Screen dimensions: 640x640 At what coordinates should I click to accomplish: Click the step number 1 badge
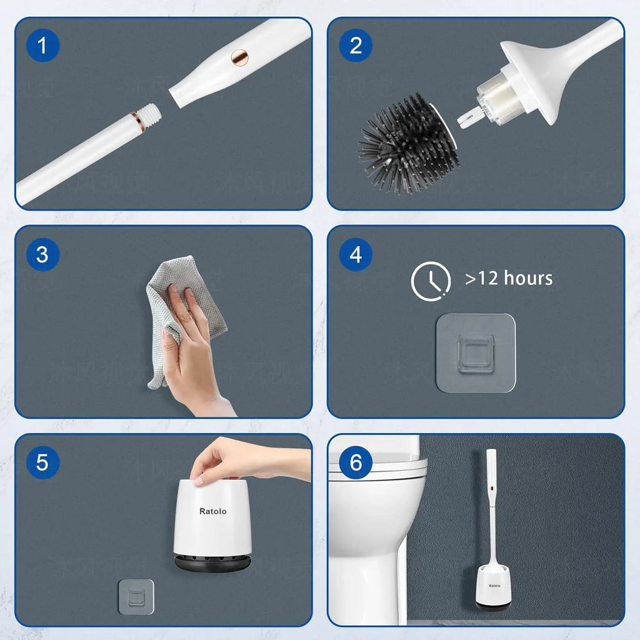(42, 46)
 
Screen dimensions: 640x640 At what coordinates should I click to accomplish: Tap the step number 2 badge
(356, 46)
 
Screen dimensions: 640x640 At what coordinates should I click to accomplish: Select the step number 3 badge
(42, 254)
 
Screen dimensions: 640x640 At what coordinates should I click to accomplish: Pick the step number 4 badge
(356, 254)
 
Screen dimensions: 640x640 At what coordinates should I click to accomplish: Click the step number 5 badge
(42, 462)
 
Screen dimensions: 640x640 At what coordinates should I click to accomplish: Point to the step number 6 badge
(356, 462)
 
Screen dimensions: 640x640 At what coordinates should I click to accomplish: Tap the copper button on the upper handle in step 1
(239, 56)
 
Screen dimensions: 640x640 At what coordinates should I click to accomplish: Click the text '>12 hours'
(509, 278)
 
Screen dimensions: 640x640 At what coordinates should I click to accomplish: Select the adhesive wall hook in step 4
(476, 353)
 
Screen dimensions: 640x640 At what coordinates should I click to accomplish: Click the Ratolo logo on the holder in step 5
(213, 511)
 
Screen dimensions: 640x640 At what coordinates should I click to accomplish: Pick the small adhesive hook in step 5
(136, 597)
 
